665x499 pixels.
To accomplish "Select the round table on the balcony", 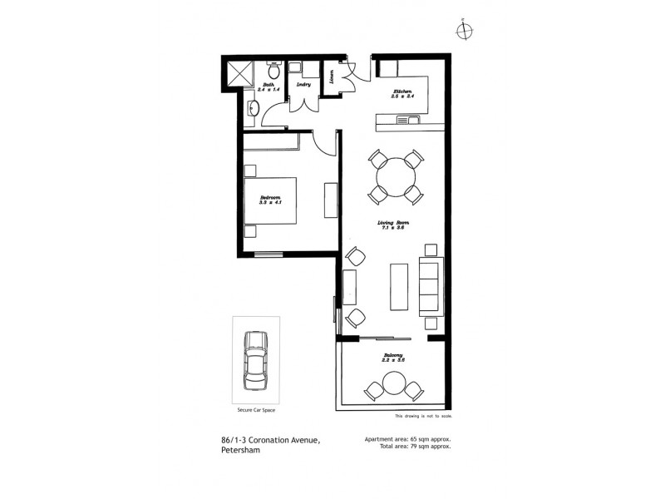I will click(x=393, y=383).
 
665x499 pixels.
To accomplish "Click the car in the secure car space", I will click(x=255, y=360).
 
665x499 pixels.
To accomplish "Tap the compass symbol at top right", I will click(x=464, y=30).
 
